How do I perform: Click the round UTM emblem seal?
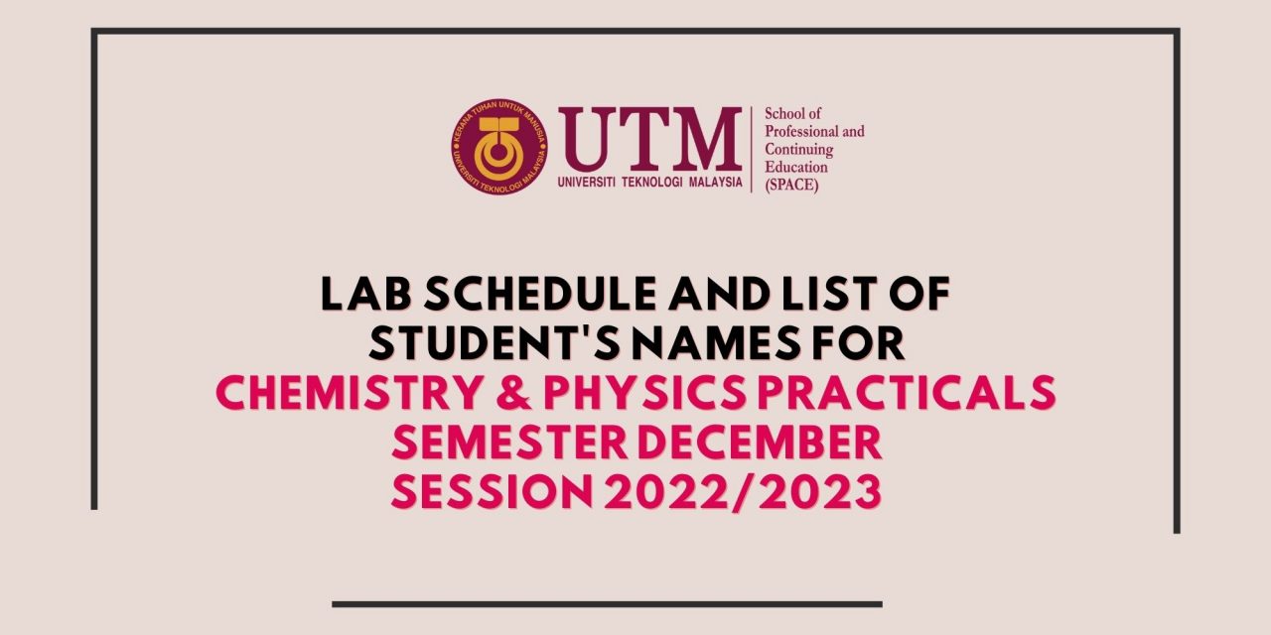tap(499, 146)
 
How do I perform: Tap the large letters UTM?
tap(650, 140)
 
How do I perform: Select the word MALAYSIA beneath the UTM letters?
tap(716, 182)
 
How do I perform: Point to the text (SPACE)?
tap(791, 185)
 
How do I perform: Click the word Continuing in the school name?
tap(799, 149)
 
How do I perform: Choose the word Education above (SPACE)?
tap(796, 167)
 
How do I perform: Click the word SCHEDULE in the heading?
tap(539, 294)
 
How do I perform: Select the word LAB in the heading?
tap(365, 294)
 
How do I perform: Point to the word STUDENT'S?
tap(494, 343)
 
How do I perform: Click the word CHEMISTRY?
tap(349, 392)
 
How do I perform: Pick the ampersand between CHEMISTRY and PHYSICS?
tap(513, 392)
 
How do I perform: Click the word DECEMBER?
tap(760, 442)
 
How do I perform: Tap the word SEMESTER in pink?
tap(509, 442)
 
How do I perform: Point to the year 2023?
tap(820, 491)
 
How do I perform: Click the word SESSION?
tap(492, 491)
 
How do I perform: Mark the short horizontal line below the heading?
tap(607, 604)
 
